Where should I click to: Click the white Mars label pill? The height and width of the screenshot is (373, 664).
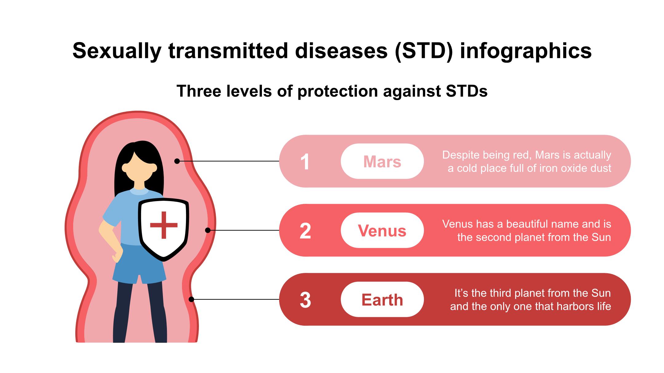point(382,161)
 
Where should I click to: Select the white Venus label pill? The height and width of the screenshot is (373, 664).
point(382,230)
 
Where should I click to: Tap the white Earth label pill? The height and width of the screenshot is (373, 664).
point(382,299)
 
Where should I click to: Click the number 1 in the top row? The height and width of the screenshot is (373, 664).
point(305,162)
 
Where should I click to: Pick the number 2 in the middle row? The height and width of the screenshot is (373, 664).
point(305,231)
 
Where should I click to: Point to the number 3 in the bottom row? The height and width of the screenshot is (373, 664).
point(305,300)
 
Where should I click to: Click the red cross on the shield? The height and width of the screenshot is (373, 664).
point(164,225)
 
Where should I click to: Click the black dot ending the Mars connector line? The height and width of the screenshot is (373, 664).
point(177,161)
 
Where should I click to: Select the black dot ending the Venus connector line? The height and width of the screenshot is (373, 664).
point(208,230)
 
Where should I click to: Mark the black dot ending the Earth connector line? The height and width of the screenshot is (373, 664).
point(191,299)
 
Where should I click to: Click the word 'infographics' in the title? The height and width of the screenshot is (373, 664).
point(526,51)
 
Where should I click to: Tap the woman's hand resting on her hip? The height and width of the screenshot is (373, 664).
point(117,255)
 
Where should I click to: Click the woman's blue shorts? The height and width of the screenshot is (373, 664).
point(139,264)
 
